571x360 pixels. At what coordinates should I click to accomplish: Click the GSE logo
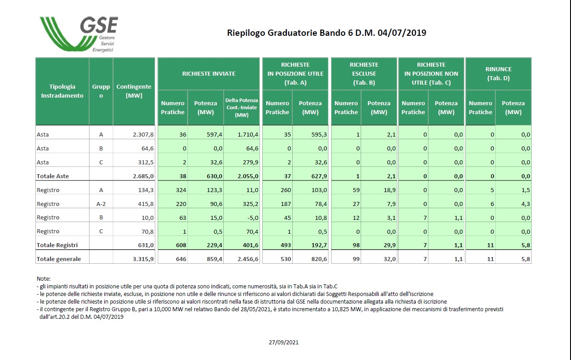(79, 34)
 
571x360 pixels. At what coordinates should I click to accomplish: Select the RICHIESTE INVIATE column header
(209, 74)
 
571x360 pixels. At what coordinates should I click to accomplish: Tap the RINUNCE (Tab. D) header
(499, 74)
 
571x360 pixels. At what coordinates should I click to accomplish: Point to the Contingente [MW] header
(134, 91)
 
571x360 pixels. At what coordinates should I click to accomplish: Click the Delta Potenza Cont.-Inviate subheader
(241, 107)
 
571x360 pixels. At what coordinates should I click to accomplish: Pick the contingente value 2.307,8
(143, 134)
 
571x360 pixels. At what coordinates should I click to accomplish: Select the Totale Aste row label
(53, 176)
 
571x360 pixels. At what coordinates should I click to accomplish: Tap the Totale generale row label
(59, 259)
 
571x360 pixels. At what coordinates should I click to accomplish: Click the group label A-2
(101, 204)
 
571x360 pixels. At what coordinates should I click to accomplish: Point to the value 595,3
(319, 134)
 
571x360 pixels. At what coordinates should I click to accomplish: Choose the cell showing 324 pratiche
(181, 190)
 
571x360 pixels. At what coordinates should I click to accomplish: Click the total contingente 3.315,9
(143, 259)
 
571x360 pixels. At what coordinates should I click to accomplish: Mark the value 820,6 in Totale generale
(319, 259)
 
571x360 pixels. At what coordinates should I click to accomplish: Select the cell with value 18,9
(390, 190)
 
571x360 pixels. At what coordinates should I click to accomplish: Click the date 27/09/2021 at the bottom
(283, 343)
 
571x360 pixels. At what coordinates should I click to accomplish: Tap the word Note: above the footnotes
(43, 279)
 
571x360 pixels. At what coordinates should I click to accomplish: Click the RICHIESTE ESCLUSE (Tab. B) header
(364, 74)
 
